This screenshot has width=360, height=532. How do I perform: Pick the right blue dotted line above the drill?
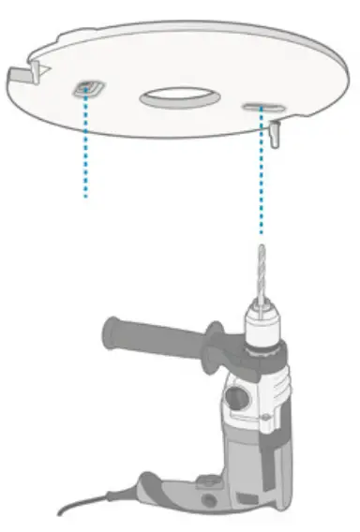click(261, 178)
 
